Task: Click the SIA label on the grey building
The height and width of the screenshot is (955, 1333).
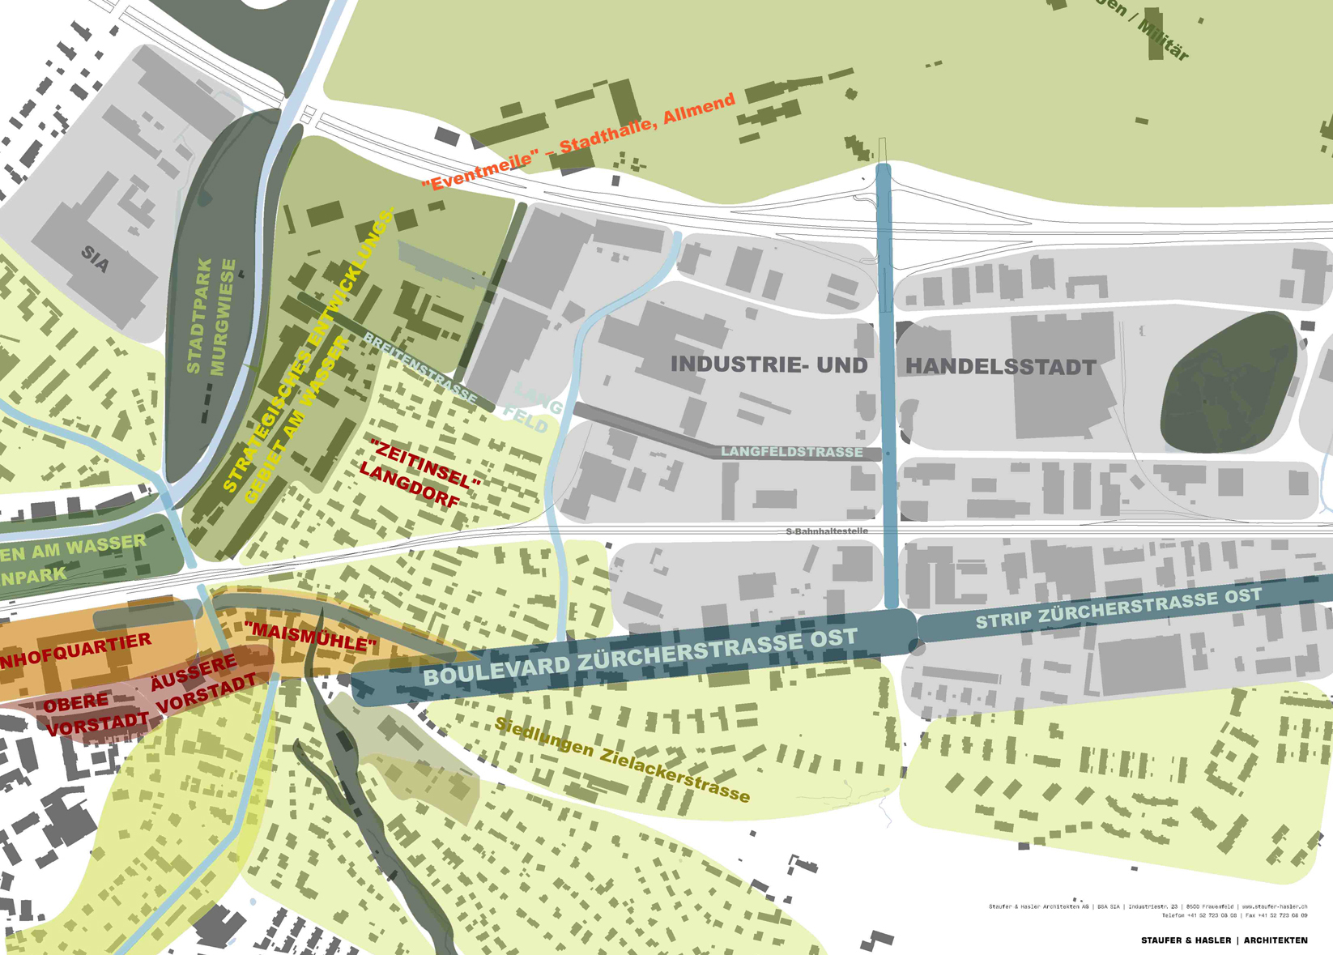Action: [95, 260]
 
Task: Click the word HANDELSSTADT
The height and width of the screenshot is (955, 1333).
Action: [1000, 367]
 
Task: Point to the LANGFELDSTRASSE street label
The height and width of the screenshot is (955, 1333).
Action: [791, 452]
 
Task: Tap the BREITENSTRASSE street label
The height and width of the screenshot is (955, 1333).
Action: [419, 367]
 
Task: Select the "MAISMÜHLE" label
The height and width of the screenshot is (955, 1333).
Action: [310, 637]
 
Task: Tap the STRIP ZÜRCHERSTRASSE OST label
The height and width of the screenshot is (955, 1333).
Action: [1118, 608]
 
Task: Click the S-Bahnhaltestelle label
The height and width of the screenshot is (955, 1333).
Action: [827, 531]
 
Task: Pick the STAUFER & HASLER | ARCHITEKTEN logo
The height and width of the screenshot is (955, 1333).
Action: [1224, 940]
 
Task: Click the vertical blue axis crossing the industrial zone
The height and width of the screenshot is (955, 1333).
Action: [888, 389]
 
